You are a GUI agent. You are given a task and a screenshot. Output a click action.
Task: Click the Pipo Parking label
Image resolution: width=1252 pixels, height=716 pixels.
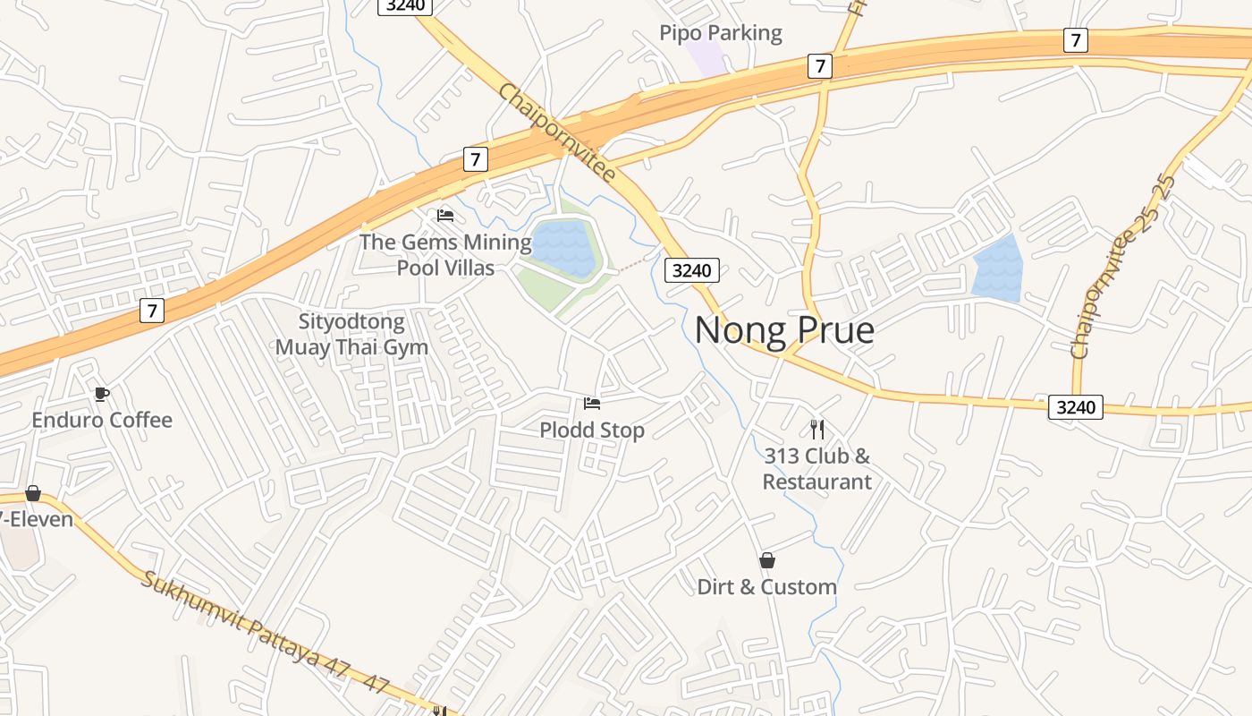(x=720, y=34)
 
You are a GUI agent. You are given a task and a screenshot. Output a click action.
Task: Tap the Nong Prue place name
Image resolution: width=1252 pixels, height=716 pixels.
(x=784, y=330)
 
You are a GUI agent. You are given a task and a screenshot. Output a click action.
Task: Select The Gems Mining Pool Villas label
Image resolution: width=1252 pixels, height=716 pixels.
(x=445, y=254)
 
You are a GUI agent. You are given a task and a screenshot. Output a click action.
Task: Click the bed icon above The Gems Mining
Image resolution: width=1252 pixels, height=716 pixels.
(x=445, y=216)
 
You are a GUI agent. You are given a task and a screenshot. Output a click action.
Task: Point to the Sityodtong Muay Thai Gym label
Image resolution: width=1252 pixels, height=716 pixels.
(x=351, y=334)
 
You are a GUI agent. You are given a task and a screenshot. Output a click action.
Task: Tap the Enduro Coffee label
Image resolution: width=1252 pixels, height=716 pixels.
(x=102, y=420)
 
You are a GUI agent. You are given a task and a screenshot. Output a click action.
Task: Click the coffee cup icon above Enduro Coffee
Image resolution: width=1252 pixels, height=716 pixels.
(x=102, y=394)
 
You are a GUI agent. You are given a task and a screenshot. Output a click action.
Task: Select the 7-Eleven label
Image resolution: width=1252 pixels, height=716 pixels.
(x=36, y=519)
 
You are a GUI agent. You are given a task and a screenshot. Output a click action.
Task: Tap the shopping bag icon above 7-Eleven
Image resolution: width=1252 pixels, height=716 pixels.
(x=33, y=493)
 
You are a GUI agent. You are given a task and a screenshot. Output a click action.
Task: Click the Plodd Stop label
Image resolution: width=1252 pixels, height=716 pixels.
(x=592, y=430)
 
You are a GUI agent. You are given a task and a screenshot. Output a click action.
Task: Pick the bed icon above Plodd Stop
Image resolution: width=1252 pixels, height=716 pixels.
(x=592, y=404)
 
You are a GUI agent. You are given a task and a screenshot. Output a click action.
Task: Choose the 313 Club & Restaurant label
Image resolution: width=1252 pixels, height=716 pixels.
(x=816, y=469)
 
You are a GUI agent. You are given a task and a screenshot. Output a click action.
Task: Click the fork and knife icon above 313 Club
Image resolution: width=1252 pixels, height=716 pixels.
(x=816, y=429)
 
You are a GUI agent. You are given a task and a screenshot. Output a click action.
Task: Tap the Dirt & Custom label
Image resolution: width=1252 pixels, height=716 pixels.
(x=766, y=587)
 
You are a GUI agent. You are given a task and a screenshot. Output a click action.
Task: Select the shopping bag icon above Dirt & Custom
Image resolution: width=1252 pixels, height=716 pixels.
(x=766, y=561)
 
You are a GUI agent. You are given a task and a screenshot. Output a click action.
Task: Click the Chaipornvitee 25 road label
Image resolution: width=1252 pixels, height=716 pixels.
(x=1123, y=267)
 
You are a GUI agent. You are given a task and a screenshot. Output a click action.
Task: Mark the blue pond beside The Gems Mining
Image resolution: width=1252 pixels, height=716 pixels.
(x=563, y=246)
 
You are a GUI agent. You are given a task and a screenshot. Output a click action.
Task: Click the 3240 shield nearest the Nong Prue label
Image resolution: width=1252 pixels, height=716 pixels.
(x=691, y=270)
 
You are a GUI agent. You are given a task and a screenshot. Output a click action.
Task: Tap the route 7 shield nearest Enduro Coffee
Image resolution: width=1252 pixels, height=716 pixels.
(x=153, y=311)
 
